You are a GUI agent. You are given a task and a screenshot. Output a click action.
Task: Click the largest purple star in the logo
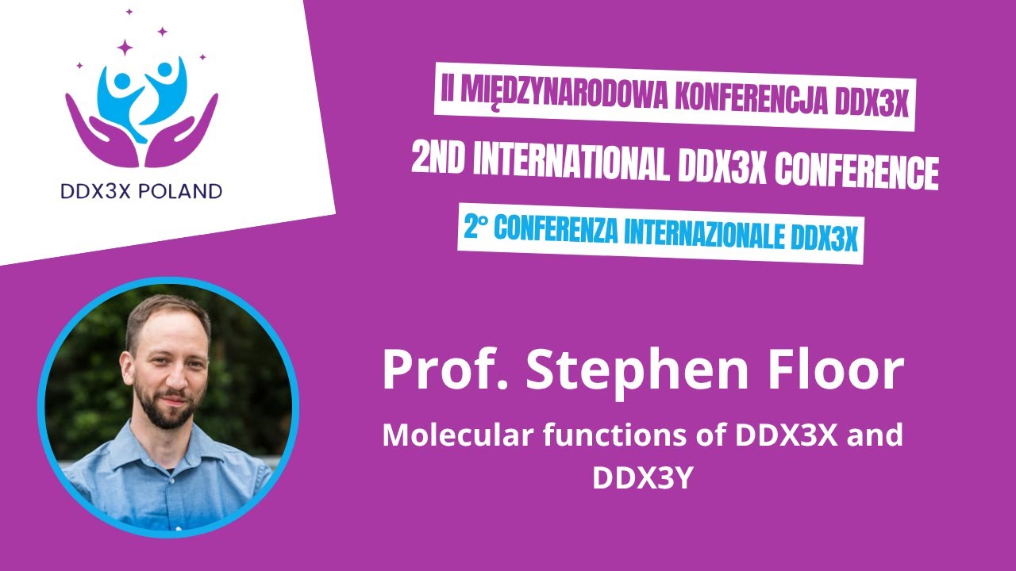coord(125,48)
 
